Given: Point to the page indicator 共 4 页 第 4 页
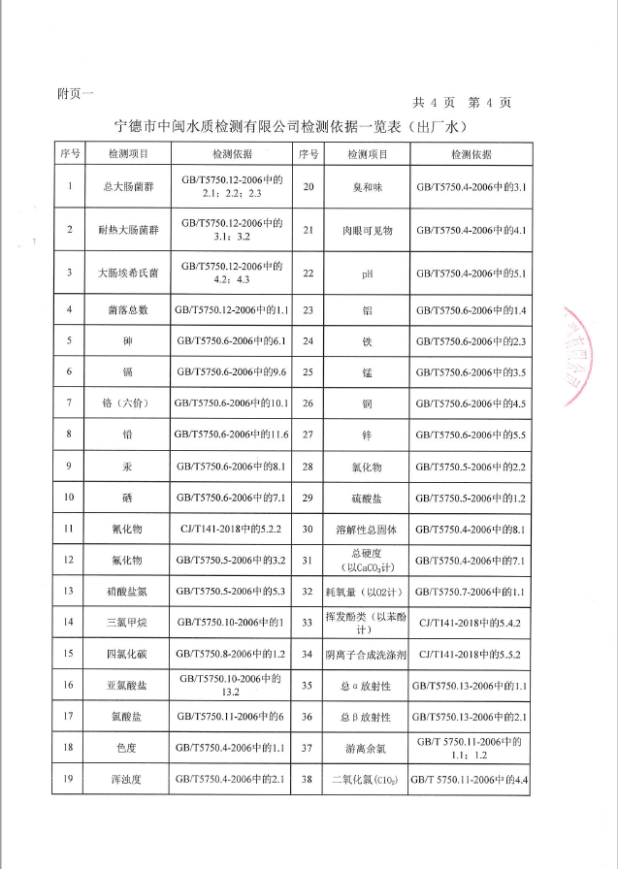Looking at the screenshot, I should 462,102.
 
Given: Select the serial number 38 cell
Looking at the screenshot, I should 308,779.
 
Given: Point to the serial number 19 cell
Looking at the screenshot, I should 69,779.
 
